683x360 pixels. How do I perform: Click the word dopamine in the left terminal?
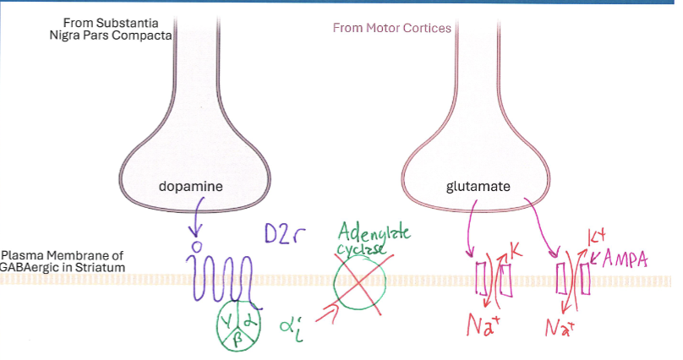click(190, 186)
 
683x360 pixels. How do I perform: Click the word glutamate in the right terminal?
click(478, 186)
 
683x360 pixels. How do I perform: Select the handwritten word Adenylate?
click(372, 230)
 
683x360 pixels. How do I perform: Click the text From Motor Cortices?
click(391, 28)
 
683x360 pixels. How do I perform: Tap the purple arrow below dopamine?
click(196, 217)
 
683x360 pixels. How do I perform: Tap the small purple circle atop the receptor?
click(196, 247)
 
